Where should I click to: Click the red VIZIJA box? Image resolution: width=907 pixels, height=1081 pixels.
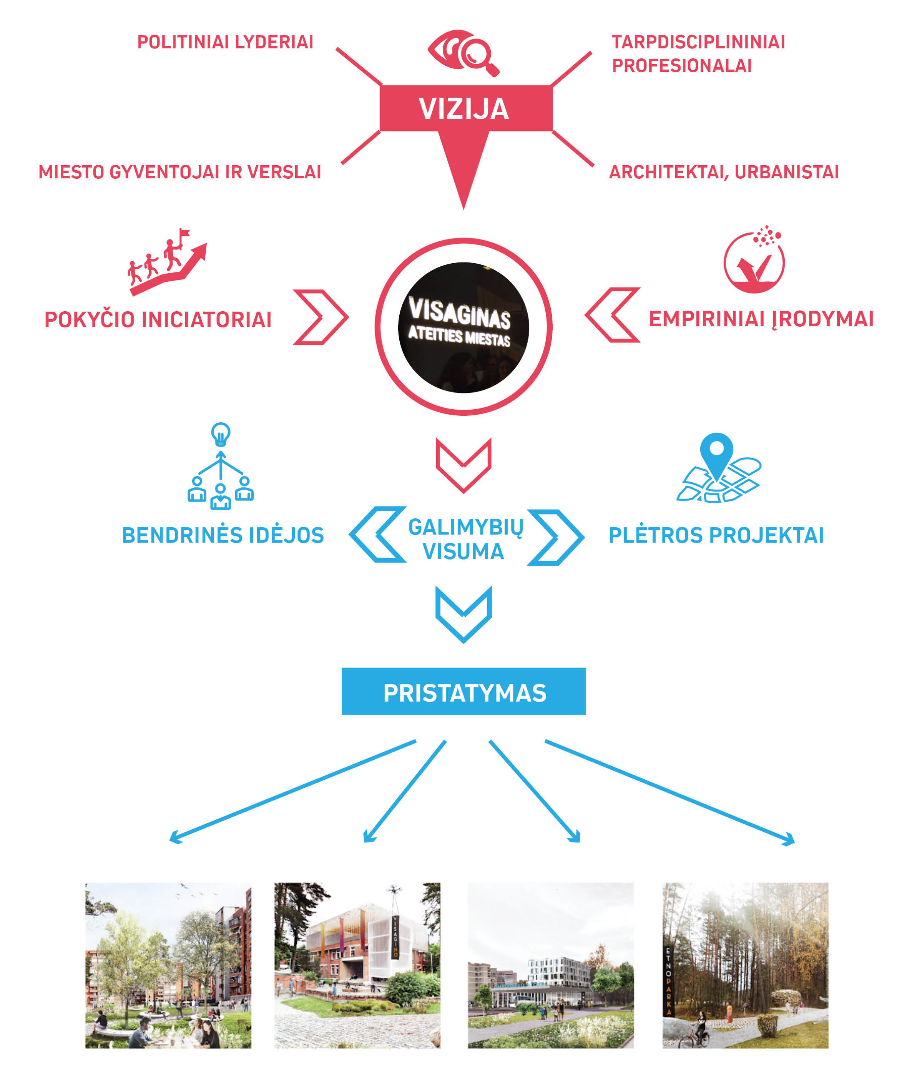click(x=465, y=108)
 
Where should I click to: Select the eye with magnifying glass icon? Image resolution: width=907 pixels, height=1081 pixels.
click(x=463, y=52)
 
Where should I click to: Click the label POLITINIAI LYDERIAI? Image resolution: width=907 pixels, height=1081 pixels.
click(x=225, y=42)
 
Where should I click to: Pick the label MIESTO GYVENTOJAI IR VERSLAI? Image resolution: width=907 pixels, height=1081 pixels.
click(x=179, y=172)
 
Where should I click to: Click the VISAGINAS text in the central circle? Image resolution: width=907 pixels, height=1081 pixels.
click(x=459, y=312)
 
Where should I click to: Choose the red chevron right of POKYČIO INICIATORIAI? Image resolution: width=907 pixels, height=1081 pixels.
click(x=321, y=317)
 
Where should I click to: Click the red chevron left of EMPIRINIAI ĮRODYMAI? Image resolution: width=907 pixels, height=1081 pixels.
click(x=613, y=315)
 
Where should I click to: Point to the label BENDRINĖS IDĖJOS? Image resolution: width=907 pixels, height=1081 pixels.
click(x=223, y=535)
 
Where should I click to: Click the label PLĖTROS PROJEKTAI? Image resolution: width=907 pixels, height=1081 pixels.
click(x=716, y=535)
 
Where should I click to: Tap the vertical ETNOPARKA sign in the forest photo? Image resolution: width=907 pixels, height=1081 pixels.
click(x=669, y=981)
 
